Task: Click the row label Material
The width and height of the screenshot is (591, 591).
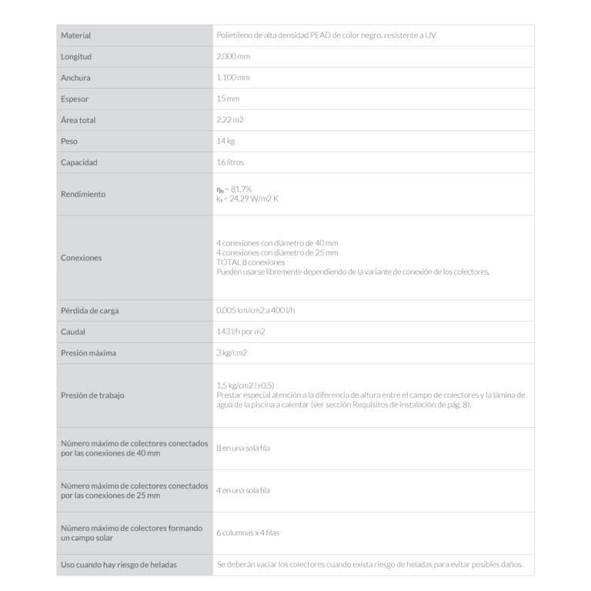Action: coord(75,35)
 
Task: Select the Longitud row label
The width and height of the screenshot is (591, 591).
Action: coord(76,57)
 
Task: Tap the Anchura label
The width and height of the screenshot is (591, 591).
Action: coord(76,78)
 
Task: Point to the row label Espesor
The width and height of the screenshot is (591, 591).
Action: coord(75,99)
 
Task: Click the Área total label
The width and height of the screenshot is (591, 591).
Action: coord(78,121)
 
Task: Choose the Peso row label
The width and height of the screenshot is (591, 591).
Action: coord(69,142)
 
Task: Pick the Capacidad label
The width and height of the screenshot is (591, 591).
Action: coord(79,162)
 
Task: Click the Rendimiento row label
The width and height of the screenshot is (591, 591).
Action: coord(83,194)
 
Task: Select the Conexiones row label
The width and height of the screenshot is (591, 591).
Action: coord(81,258)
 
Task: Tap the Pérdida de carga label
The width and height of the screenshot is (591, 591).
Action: coord(89,311)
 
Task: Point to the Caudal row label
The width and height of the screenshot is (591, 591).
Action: coord(73,332)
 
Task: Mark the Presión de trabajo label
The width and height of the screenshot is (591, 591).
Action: coord(92,396)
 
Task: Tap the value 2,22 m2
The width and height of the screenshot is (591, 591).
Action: coord(230,121)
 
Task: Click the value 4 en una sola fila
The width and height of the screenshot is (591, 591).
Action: coord(243,490)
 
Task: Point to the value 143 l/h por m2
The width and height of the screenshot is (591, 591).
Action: coord(242,332)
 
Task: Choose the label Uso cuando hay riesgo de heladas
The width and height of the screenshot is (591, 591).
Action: coord(119,565)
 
